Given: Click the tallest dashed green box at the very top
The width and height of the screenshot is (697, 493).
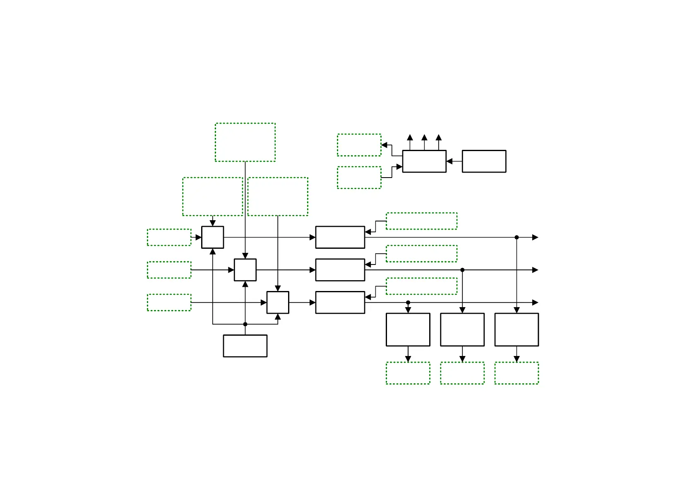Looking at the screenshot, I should coord(245,142).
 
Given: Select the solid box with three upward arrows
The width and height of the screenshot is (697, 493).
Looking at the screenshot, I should coord(424,161).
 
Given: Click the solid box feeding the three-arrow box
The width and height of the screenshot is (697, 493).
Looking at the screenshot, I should coord(484,161).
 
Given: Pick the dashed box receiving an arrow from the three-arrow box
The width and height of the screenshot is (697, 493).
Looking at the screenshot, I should coord(359,145).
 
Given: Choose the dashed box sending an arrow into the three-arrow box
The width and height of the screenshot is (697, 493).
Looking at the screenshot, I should coord(359,178).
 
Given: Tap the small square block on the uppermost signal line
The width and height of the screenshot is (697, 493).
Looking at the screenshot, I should coord(212,237).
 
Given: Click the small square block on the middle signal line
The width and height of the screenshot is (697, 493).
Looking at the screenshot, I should coord(245,270).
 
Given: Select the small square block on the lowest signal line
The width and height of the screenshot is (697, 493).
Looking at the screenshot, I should coord(278,302).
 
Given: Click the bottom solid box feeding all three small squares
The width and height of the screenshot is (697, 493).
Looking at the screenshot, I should coord(245,346).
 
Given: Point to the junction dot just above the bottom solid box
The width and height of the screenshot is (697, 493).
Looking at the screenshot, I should coord(245,324).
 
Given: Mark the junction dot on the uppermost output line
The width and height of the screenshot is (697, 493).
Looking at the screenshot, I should coord(517,237).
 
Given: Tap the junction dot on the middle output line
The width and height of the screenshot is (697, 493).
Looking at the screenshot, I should coord(462,270).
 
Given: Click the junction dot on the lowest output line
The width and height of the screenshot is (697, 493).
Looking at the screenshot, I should coord(408,303).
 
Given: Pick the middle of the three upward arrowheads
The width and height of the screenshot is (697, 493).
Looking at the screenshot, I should coord(424,137).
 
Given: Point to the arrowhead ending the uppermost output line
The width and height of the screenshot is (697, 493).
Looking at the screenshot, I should coord(535,237).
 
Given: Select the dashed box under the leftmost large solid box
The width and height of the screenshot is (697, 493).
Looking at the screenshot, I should coord(408,373).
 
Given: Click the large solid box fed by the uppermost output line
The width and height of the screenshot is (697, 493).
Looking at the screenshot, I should coord(517,329).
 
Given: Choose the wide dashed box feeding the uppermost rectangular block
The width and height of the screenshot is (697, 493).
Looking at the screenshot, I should coord(421,221).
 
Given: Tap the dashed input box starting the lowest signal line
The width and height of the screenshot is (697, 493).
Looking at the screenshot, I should coord(169,302).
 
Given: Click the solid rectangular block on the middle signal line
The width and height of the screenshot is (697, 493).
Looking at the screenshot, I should coord(340,270).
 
